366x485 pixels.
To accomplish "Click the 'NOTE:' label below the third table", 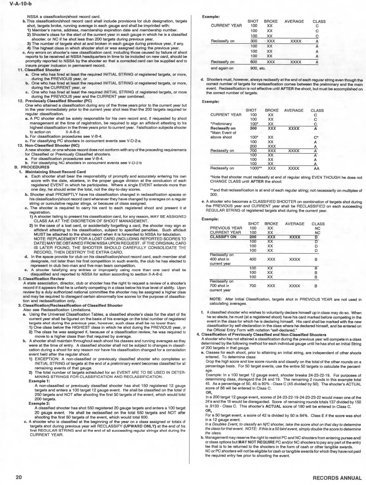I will click(x=216, y=299).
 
